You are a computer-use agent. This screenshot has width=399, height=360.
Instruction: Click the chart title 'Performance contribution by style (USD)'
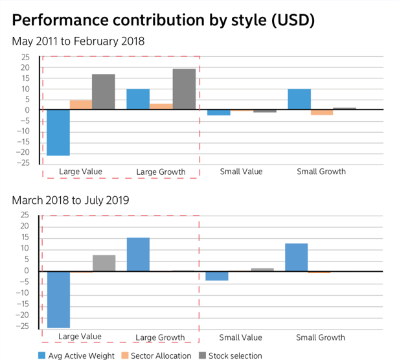pyautogui.click(x=163, y=21)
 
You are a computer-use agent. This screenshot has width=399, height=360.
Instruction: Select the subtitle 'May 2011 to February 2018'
pyautogui.click(x=78, y=41)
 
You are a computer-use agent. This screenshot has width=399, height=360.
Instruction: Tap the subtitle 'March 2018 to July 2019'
pyautogui.click(x=70, y=200)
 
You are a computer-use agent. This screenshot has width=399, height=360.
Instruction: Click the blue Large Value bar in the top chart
pyautogui.click(x=58, y=132)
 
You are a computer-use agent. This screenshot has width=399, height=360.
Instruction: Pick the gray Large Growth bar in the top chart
pyautogui.click(x=184, y=89)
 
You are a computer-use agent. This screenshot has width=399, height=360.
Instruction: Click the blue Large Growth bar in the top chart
pyautogui.click(x=138, y=99)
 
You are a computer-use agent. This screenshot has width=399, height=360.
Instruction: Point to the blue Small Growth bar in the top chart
pyautogui.click(x=299, y=99)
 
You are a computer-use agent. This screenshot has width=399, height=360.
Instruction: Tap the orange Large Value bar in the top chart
pyautogui.click(x=80, y=105)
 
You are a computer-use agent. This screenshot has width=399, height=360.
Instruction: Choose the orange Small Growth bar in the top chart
pyautogui.click(x=322, y=113)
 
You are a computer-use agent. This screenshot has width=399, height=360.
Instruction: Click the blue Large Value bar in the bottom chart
pyautogui.click(x=58, y=299)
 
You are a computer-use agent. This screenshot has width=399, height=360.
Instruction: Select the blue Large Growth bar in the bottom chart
pyautogui.click(x=138, y=254)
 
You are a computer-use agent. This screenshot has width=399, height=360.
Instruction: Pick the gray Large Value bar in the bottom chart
pyautogui.click(x=104, y=263)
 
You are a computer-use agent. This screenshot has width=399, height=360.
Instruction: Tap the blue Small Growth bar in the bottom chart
pyautogui.click(x=296, y=257)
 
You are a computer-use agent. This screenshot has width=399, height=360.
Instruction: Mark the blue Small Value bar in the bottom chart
pyautogui.click(x=217, y=276)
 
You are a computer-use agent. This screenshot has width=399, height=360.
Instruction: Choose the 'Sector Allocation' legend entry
pyautogui.click(x=155, y=355)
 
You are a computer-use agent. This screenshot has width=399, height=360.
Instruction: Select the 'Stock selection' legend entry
pyautogui.click(x=230, y=355)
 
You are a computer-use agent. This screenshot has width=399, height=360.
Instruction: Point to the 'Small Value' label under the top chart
pyautogui.click(x=240, y=172)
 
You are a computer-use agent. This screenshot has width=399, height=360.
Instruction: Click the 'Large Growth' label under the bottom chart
pyautogui.click(x=161, y=337)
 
